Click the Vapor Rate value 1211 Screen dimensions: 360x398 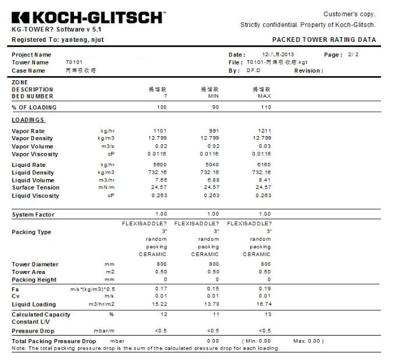click(x=264, y=131)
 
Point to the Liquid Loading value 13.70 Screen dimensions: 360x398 click(x=211, y=304)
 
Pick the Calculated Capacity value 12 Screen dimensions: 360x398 click(x=163, y=315)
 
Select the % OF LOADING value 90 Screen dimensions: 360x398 click(x=215, y=108)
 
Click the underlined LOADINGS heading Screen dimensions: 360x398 click(x=28, y=120)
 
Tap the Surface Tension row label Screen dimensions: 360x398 click(x=35, y=188)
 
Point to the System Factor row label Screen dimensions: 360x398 click(x=33, y=215)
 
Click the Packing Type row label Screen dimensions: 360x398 click(x=31, y=233)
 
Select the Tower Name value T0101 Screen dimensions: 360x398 click(x=73, y=62)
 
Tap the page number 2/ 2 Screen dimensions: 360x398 click(x=354, y=55)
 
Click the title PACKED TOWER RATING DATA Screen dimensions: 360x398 click(x=324, y=40)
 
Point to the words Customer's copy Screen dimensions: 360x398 click(x=349, y=14)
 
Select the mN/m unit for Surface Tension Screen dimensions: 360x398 click(x=105, y=188)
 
